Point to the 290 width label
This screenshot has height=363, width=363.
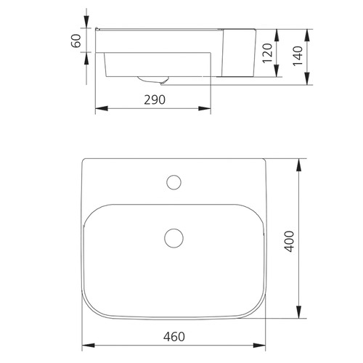point(153,100)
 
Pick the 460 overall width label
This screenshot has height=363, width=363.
point(174,336)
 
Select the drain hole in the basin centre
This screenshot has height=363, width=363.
point(174,237)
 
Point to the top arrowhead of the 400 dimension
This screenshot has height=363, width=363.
point(298,163)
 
